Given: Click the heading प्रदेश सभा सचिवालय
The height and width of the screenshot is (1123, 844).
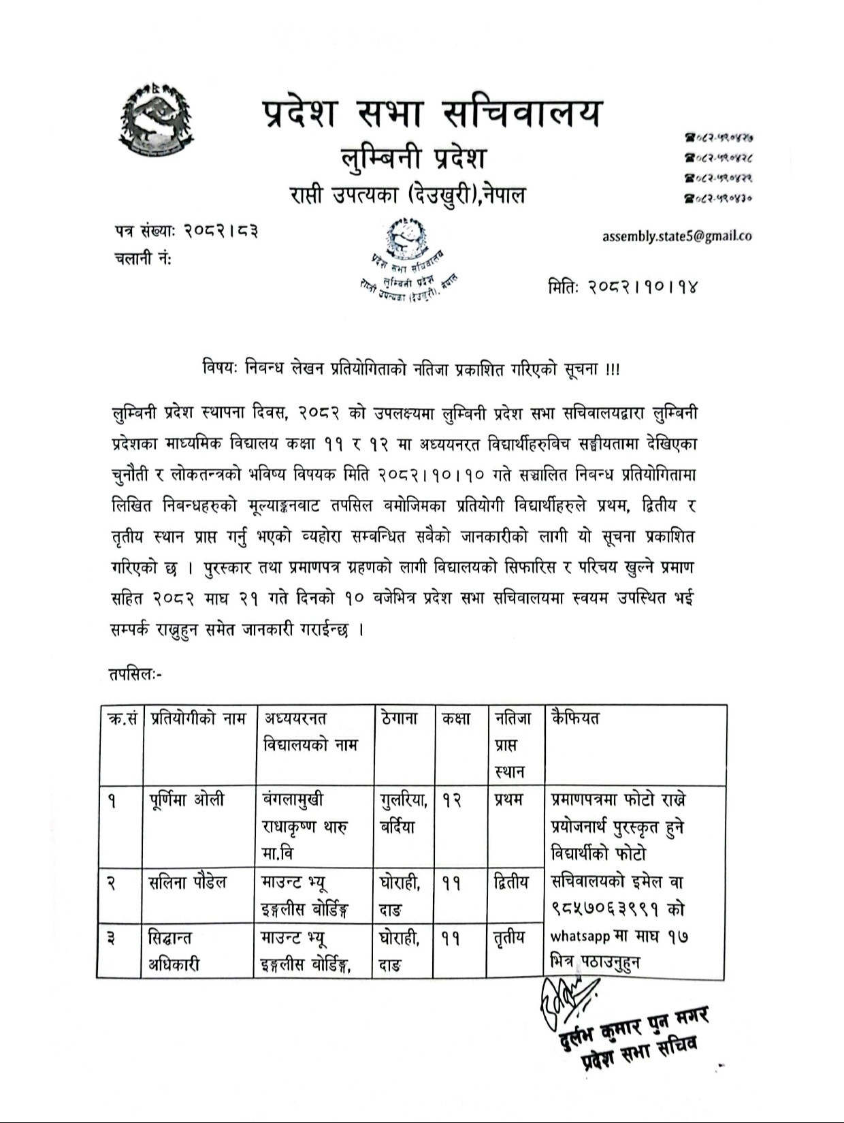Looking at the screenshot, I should point(432,112).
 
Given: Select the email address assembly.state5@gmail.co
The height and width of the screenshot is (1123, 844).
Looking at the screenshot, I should point(677,236).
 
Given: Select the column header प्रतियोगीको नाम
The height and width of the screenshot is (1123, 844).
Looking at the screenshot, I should point(198,718).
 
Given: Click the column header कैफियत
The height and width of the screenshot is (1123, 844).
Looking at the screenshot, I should point(576,718).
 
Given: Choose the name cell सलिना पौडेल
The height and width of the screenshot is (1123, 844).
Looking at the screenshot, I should point(188,883).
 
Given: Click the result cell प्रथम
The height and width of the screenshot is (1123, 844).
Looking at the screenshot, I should point(508,800).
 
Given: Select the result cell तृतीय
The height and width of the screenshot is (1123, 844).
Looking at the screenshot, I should point(509,938).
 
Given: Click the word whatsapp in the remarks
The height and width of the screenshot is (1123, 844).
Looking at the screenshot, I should point(580,937).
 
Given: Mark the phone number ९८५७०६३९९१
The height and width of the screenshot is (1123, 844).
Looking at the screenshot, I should point(611,910).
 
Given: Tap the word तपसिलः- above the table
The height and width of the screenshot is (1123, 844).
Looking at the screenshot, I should point(134,674).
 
